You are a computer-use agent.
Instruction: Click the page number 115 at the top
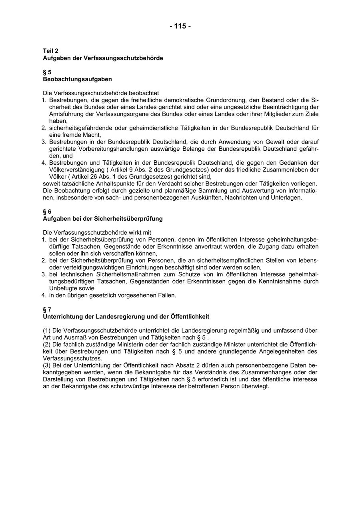(180, 26)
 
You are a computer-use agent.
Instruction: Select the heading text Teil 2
(51, 51)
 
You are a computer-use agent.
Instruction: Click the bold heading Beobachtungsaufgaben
(77, 79)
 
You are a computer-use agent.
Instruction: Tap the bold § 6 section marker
(47, 212)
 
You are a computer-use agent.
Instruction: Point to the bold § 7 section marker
(47, 309)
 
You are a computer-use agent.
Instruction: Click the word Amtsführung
(66, 114)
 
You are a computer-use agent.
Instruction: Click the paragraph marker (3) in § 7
(47, 366)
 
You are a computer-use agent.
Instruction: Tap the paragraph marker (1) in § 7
(47, 331)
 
